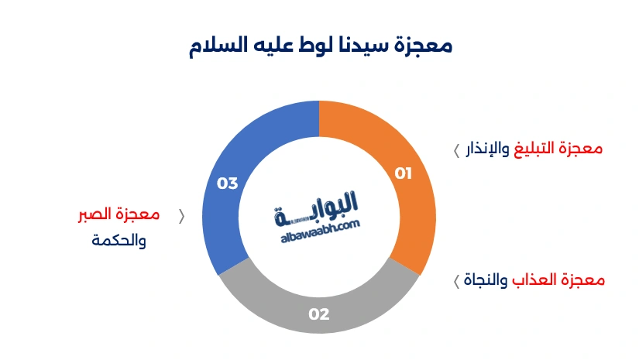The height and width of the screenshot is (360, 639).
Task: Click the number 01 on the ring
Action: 404,173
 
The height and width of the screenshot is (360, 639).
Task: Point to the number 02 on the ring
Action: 319,314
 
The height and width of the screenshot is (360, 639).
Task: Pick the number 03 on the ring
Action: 227,183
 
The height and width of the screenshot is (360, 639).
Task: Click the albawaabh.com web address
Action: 318,225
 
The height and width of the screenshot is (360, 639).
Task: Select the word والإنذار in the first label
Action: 488,149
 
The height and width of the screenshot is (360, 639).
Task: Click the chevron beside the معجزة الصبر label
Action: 182,216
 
